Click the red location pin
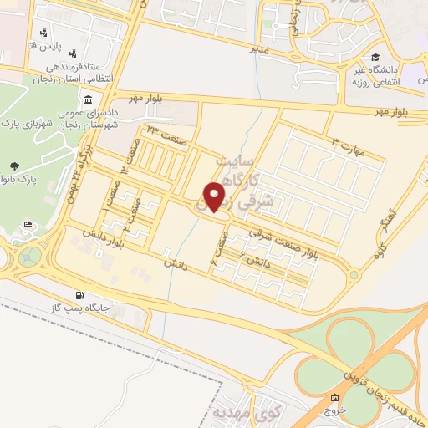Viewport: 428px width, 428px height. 217,196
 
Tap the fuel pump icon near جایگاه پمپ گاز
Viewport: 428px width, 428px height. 79,294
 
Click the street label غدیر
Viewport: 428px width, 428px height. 262,48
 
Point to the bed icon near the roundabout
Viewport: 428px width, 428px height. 28,224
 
